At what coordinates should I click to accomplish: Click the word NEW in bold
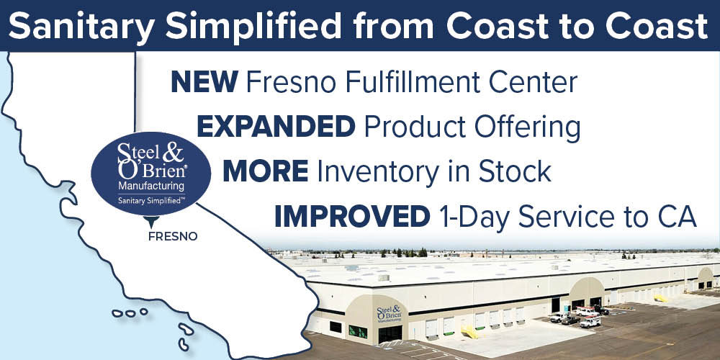click(x=204, y=82)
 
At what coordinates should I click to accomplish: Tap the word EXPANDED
click(x=276, y=127)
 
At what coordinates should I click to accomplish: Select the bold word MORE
click(x=266, y=172)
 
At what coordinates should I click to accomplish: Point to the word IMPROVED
click(x=352, y=217)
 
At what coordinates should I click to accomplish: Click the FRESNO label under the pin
click(x=173, y=236)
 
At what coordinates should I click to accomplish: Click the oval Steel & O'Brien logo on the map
click(x=151, y=174)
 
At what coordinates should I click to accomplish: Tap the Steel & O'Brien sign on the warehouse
click(x=389, y=314)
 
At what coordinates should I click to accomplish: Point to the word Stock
click(x=515, y=172)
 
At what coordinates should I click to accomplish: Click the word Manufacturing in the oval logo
click(x=151, y=186)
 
